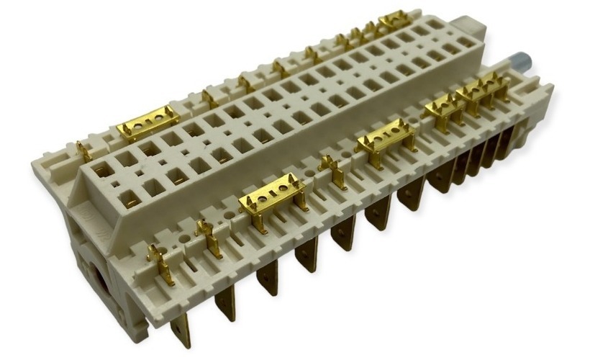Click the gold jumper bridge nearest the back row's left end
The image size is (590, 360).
(x=148, y=125)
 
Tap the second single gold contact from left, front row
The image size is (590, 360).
(x=208, y=237)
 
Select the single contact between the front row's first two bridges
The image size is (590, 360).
(x=333, y=169)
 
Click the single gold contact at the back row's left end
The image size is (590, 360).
(x=85, y=151)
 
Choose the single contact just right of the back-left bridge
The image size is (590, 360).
(x=209, y=97)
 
